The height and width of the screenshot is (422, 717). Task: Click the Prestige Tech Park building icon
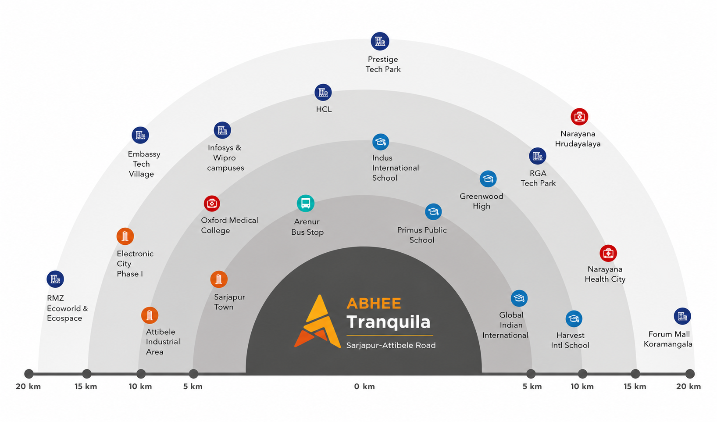[380, 41]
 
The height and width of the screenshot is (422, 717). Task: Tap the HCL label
[324, 109]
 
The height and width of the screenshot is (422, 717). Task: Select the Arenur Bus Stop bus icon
[306, 203]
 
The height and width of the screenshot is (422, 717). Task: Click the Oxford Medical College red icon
[212, 203]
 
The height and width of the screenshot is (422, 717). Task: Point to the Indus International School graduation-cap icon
[381, 142]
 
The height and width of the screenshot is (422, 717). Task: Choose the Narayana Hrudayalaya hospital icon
[579, 117]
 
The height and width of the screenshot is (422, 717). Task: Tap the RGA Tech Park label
[538, 179]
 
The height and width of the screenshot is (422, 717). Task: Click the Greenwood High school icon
[488, 179]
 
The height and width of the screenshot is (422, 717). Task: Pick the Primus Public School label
[422, 235]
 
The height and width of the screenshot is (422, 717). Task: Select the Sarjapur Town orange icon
[219, 279]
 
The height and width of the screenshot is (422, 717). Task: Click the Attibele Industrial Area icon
[150, 315]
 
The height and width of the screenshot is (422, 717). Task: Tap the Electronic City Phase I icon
[125, 236]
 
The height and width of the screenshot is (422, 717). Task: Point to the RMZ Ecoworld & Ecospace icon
[55, 279]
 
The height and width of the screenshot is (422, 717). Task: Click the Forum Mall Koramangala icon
[682, 316]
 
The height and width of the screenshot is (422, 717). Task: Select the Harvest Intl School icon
[574, 319]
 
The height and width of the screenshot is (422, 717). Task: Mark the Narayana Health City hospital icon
[608, 253]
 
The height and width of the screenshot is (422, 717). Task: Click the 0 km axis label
[364, 386]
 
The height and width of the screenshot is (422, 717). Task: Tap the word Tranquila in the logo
[388, 322]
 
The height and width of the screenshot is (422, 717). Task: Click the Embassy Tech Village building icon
[140, 135]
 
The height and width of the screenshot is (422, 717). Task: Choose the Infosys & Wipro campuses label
[225, 157]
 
